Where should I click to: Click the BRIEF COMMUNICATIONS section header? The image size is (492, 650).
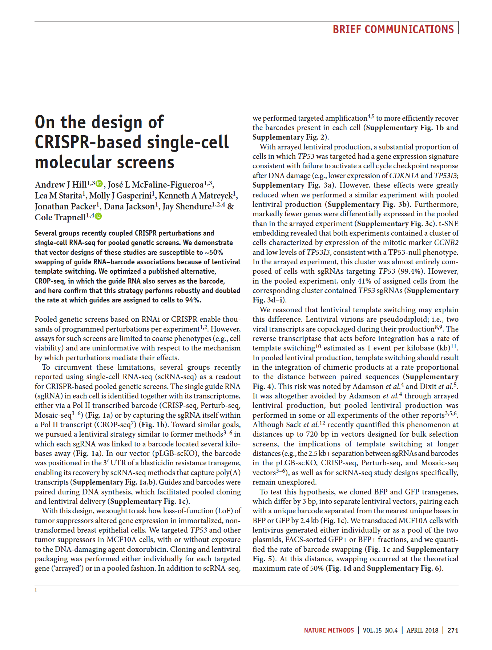393,29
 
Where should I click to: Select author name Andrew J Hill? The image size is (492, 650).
61,185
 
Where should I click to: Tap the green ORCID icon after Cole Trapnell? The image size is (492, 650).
98,217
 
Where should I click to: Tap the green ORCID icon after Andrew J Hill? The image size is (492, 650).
100,184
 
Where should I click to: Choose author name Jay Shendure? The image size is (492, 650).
187,206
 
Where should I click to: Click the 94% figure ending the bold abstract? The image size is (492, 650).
193,300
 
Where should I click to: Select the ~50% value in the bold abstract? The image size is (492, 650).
213,252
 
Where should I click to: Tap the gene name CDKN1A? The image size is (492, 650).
404,176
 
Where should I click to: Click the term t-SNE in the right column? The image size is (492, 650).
449,224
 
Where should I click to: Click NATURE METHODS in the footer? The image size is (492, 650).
329,630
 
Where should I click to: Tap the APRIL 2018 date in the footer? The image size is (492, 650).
422,630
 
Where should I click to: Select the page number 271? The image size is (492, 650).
453,630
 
